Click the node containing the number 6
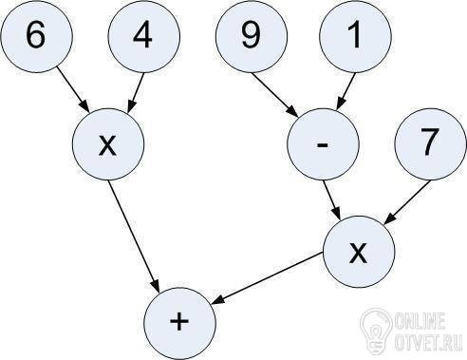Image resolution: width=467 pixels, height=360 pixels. coord(36,36)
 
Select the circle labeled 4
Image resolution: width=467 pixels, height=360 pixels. coord(144,36)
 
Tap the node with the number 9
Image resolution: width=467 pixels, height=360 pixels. coord(252,36)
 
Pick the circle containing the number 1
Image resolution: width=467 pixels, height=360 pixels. coord(355,36)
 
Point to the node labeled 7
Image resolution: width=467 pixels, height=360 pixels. coord(430,144)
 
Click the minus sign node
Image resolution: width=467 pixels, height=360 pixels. coord(323,144)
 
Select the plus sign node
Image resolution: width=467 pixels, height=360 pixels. coord(179,324)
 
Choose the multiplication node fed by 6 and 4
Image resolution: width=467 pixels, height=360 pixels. coord(108,144)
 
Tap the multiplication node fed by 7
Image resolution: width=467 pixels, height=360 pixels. coord(359,252)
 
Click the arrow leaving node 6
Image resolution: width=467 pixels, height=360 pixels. coord(73,88)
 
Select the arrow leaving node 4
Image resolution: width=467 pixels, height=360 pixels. coord(136,93)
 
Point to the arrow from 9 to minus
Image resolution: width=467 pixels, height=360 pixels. coord(274,94)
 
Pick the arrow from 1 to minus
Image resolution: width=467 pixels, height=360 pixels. coord(346,91)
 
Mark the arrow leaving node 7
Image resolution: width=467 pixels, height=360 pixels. coord(407,203)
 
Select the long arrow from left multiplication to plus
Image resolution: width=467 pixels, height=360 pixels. coord(134,236)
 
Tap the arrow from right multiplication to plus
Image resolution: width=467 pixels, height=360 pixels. coord(268,278)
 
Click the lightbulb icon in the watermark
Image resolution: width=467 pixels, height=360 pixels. coord(376,330)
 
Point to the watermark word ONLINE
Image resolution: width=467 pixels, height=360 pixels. coord(420,321)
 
